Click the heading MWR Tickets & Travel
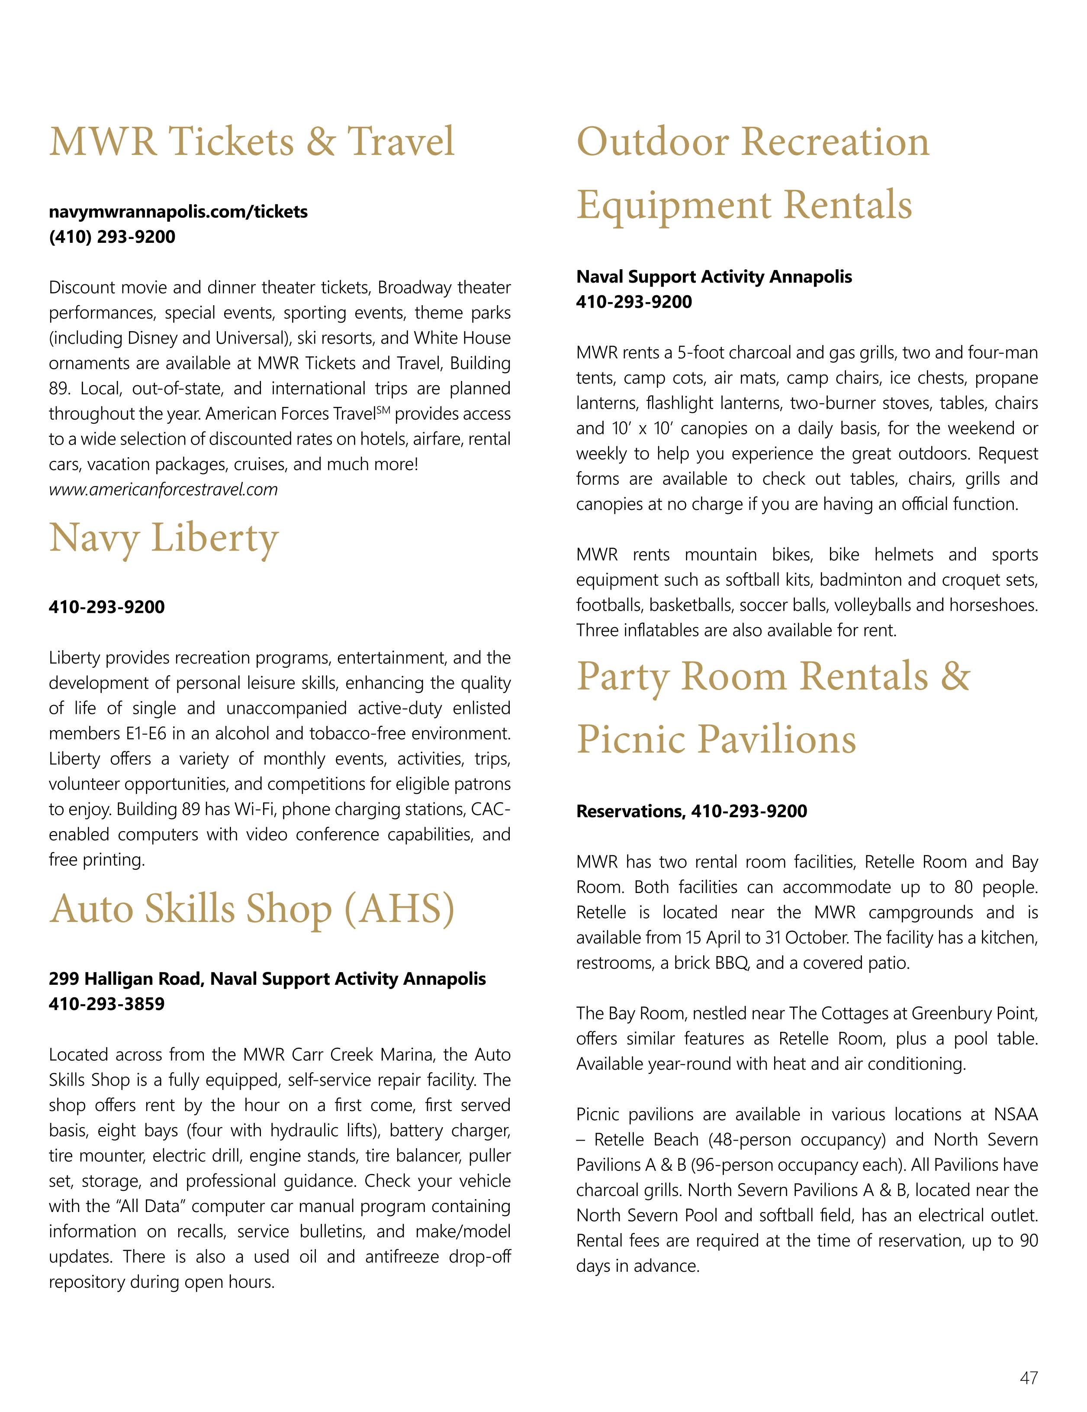(252, 141)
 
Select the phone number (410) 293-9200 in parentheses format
(112, 237)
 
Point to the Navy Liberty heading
(164, 538)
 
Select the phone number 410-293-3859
(106, 1004)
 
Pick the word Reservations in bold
(630, 811)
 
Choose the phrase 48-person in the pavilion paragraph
(700, 1139)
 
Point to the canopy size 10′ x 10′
(639, 429)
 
